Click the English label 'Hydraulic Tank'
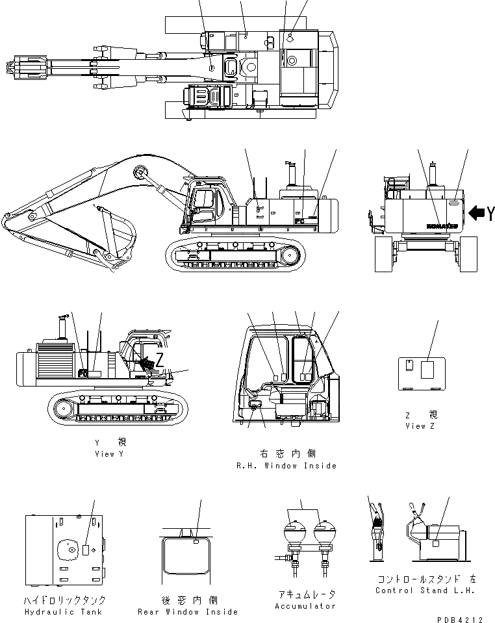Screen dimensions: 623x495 coord(64,612)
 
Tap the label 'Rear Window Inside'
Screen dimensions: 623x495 coord(187,612)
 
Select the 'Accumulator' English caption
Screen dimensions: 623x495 coord(306,605)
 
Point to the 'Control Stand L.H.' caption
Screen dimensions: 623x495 coord(425,591)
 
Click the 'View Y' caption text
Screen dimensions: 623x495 coord(108,454)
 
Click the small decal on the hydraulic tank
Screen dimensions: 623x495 coord(86,550)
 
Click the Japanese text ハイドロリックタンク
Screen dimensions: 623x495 coord(64,600)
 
